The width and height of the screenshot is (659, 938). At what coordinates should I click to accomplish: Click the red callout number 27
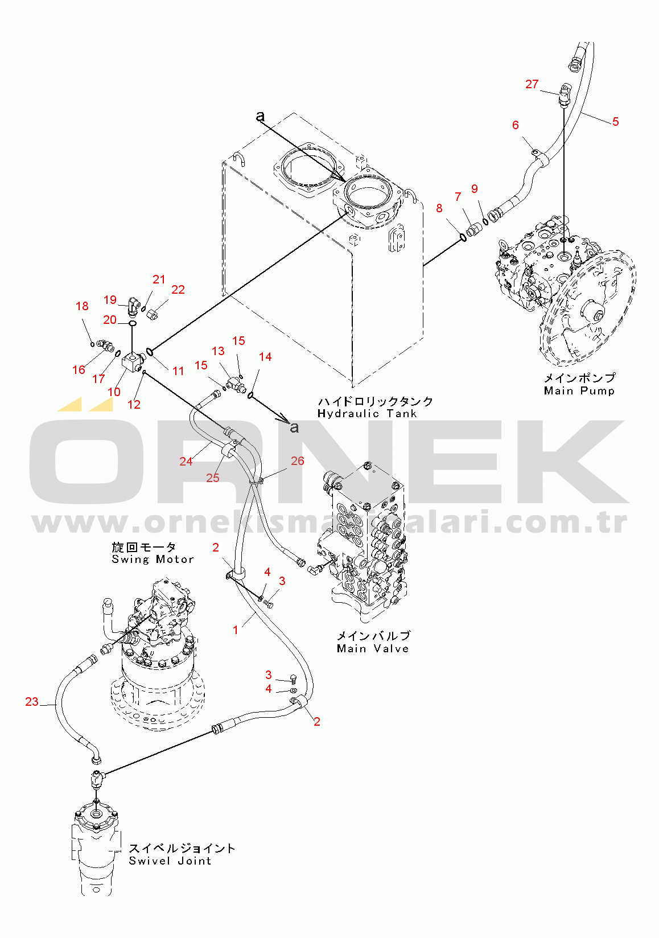pyautogui.click(x=532, y=84)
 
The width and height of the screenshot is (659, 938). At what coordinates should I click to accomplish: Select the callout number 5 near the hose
pyautogui.click(x=615, y=122)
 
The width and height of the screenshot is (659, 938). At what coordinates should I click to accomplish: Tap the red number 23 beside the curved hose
pyautogui.click(x=32, y=701)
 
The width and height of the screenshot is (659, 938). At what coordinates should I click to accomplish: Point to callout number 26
pyautogui.click(x=297, y=460)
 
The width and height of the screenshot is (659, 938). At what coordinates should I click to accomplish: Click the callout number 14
pyautogui.click(x=265, y=357)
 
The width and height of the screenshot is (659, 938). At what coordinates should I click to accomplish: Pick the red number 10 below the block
pyautogui.click(x=114, y=392)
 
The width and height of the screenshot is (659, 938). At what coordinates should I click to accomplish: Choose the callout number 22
pyautogui.click(x=178, y=290)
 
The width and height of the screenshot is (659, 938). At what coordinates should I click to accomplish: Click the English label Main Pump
pyautogui.click(x=579, y=391)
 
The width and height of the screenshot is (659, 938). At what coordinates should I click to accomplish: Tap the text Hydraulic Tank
pyautogui.click(x=367, y=414)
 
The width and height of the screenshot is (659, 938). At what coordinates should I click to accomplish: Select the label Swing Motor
pyautogui.click(x=153, y=559)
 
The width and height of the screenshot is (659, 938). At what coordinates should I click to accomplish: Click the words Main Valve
pyautogui.click(x=373, y=649)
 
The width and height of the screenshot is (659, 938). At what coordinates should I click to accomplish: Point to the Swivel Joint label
pyautogui.click(x=170, y=861)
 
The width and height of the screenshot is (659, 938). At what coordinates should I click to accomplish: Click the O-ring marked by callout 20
pyautogui.click(x=132, y=323)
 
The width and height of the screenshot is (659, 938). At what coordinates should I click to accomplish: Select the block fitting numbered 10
pyautogui.click(x=133, y=361)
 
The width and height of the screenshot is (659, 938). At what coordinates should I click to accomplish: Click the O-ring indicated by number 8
pyautogui.click(x=463, y=238)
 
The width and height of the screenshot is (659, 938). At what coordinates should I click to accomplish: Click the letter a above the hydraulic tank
pyautogui.click(x=261, y=116)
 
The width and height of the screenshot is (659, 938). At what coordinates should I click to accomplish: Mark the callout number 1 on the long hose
pyautogui.click(x=235, y=630)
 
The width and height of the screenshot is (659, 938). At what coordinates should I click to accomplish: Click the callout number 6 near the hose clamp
pyautogui.click(x=516, y=125)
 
